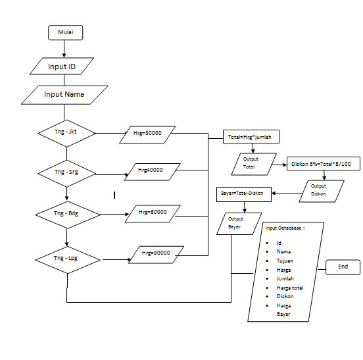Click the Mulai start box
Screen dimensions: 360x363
[x=65, y=32]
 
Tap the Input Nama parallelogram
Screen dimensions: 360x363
[x=64, y=94]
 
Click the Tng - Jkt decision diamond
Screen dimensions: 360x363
[x=66, y=132]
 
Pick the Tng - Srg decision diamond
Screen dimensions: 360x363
[x=66, y=172]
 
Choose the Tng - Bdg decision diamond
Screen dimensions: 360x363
[x=66, y=213]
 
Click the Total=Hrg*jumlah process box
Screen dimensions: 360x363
[x=253, y=137]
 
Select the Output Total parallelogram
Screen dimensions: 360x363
[x=251, y=163]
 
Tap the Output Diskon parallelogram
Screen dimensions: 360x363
[x=318, y=190]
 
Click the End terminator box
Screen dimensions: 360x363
[x=343, y=267]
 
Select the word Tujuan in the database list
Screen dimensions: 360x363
[x=285, y=261]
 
